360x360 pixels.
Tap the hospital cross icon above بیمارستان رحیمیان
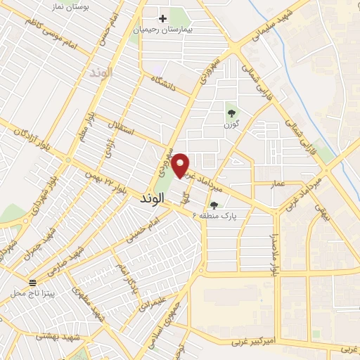(x=163, y=18)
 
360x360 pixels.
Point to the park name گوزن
(x=231, y=124)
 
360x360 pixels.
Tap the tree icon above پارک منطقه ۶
(x=214, y=205)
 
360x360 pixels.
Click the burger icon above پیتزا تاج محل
(x=32, y=282)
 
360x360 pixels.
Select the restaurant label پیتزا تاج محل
(x=42, y=292)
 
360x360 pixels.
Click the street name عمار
(x=278, y=183)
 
